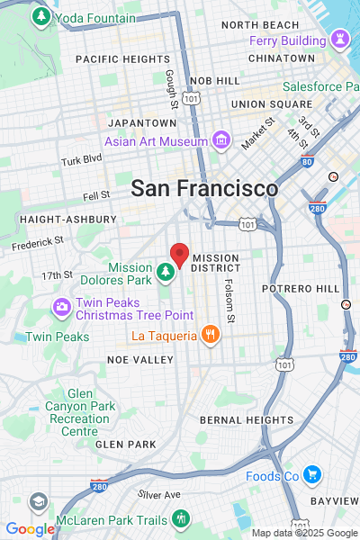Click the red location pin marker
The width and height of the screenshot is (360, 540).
[179, 256]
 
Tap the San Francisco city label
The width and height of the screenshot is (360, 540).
[204, 189]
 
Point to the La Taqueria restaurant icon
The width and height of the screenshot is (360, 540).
[210, 336]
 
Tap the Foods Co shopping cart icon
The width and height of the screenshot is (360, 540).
[311, 474]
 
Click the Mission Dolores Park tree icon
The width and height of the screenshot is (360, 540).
[165, 271]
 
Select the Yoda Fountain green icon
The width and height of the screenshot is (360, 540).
[40, 17]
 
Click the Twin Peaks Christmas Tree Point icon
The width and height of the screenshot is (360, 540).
[62, 307]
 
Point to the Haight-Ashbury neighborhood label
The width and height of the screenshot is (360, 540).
[67, 219]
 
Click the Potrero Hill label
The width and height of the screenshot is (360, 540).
[301, 288]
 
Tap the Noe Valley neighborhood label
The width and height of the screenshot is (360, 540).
[139, 359]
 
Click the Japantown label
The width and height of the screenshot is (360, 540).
[142, 122]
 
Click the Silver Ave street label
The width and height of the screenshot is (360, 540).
[159, 494]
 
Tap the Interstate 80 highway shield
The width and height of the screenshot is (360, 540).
[307, 162]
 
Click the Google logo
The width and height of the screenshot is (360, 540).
[30, 529]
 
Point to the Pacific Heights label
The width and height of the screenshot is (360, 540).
[122, 58]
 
